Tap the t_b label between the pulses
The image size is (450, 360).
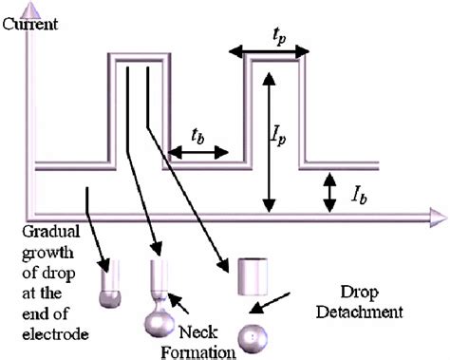[197, 133]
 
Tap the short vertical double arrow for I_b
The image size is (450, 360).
[329, 192]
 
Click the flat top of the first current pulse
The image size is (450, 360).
[141, 60]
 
